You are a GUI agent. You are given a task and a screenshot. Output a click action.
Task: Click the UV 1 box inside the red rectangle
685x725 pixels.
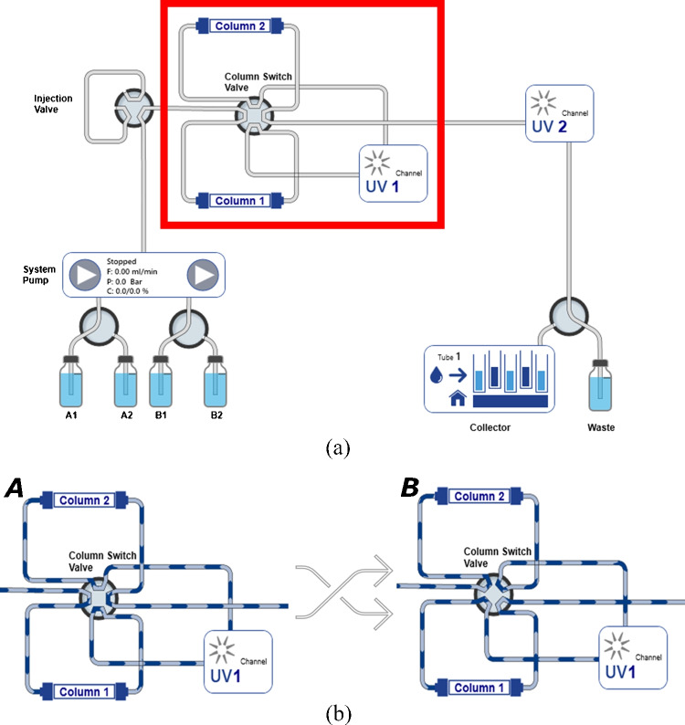(394, 174)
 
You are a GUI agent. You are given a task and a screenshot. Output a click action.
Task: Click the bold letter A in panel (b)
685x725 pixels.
(15, 488)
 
